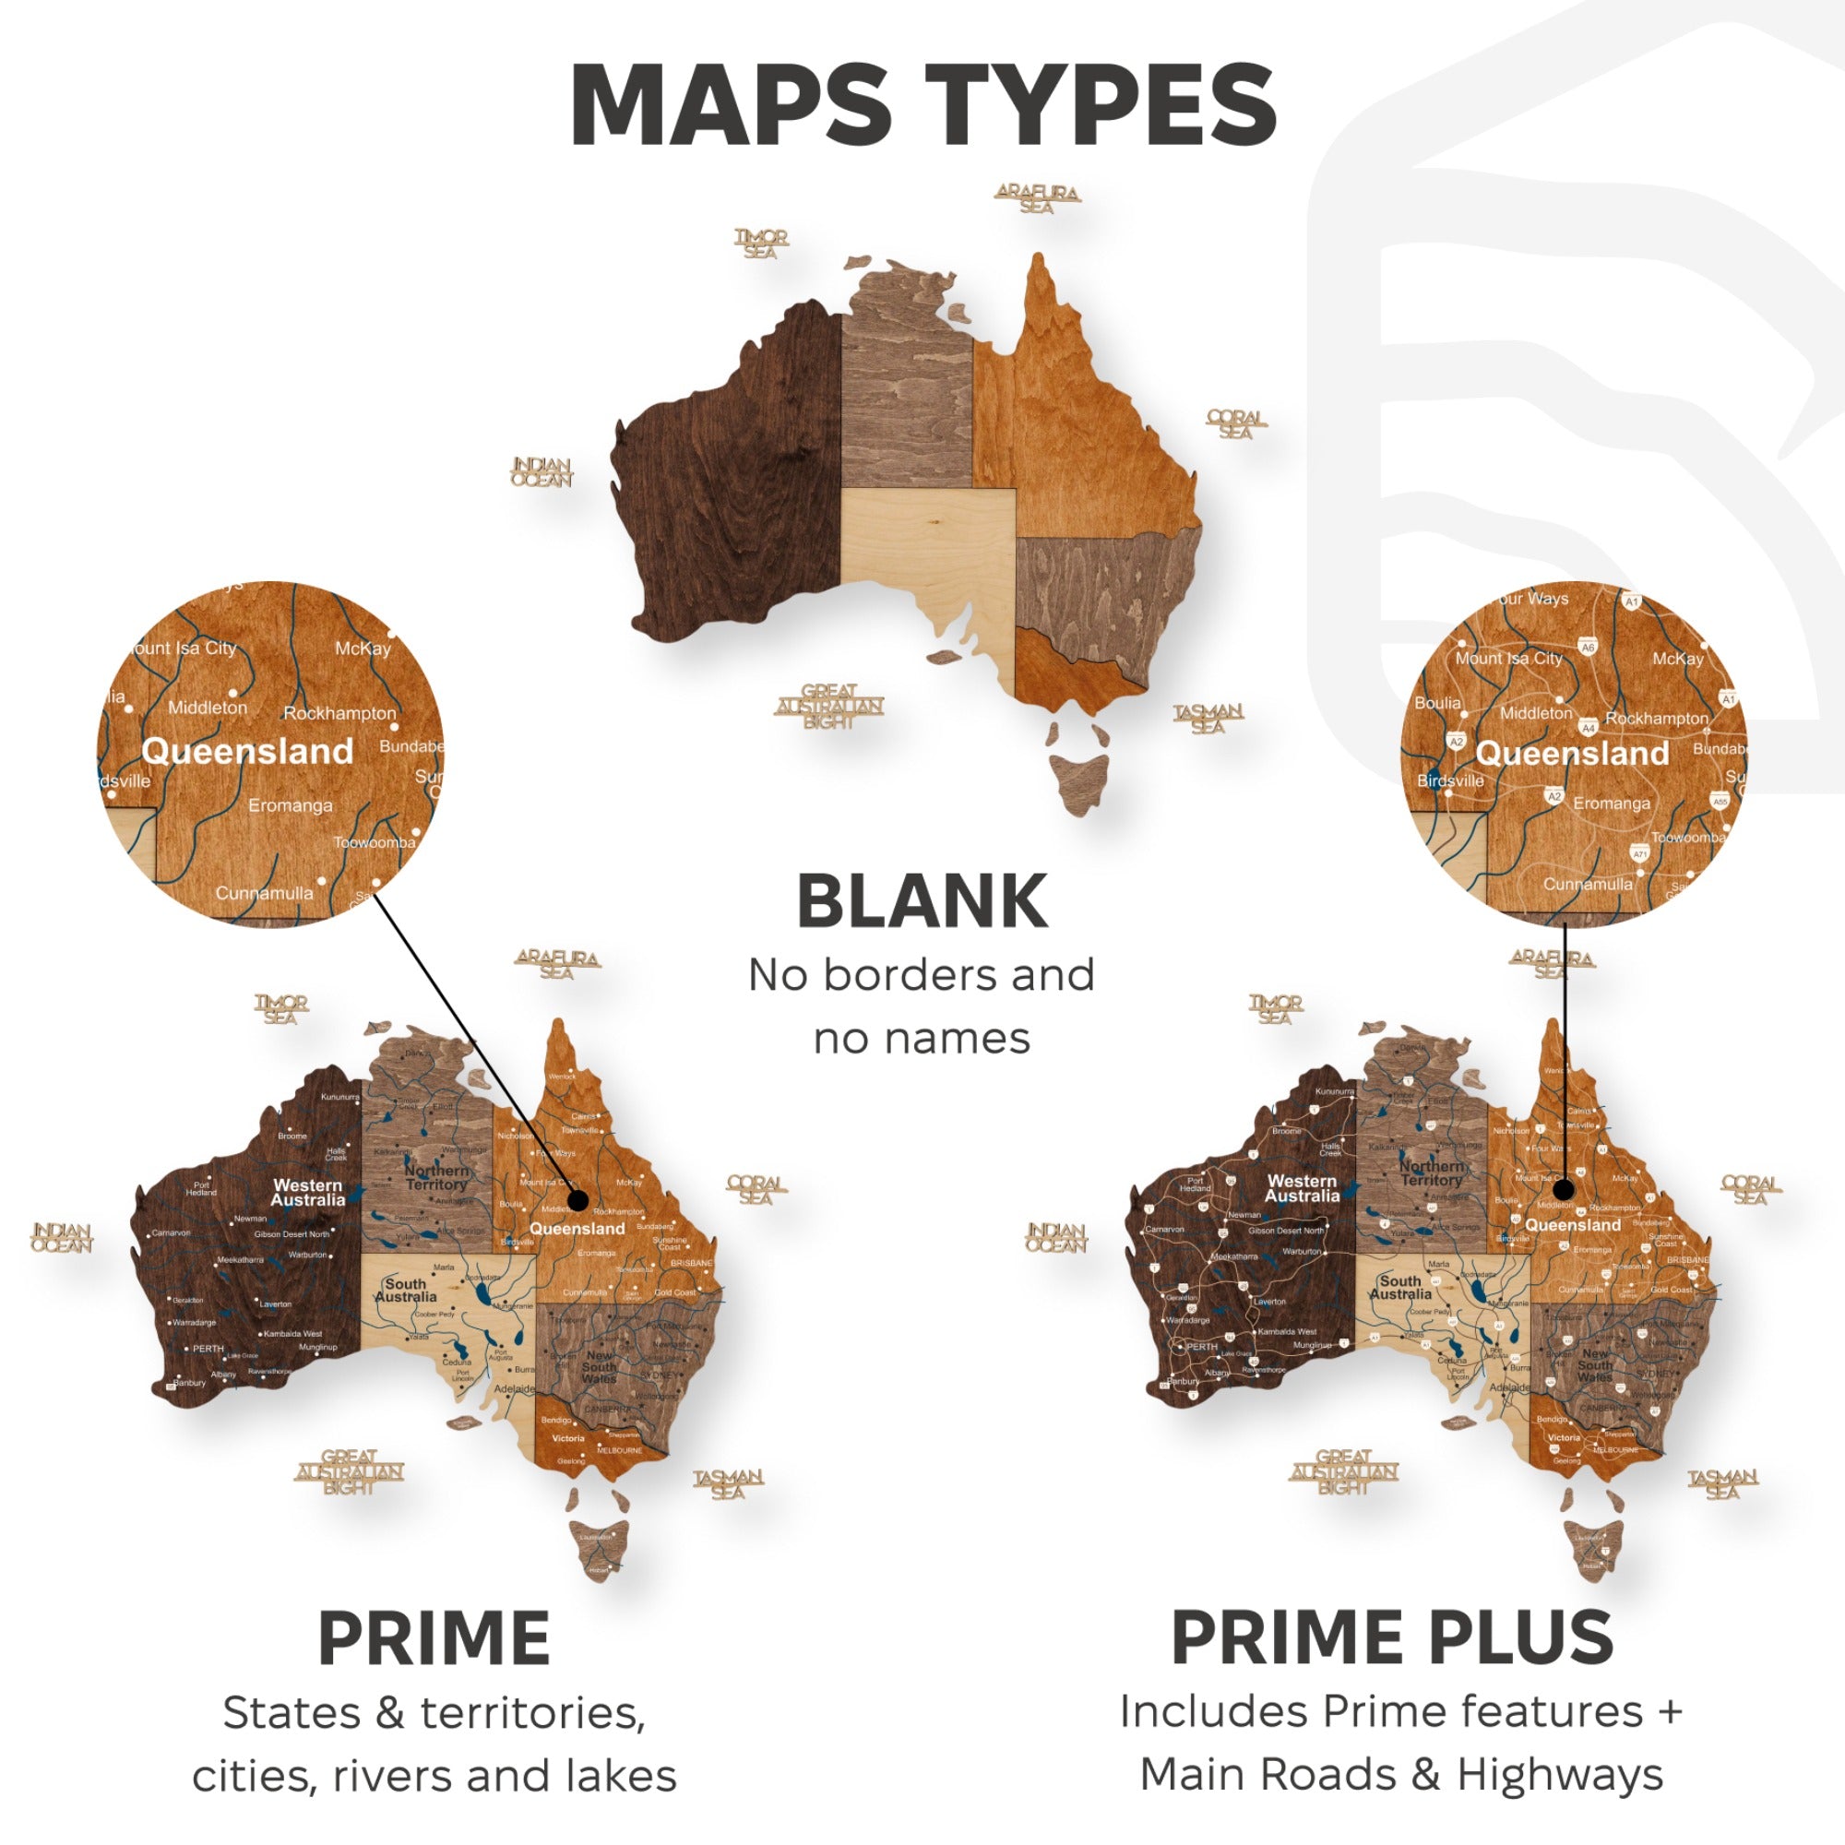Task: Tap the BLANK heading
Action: pyautogui.click(x=922, y=901)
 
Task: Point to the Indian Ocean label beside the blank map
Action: pyautogui.click(x=542, y=471)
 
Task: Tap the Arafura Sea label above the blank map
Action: pyautogui.click(x=1037, y=198)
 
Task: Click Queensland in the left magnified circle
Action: pyautogui.click(x=247, y=752)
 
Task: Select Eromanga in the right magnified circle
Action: pyautogui.click(x=1611, y=803)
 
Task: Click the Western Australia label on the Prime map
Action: pyautogui.click(x=307, y=1192)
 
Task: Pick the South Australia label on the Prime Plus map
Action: pyautogui.click(x=1400, y=1287)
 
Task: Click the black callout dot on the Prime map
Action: pyautogui.click(x=577, y=1199)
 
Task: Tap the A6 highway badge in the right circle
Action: pyautogui.click(x=1587, y=647)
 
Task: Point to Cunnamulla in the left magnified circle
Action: pyautogui.click(x=264, y=893)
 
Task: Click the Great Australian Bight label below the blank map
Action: pyautogui.click(x=828, y=706)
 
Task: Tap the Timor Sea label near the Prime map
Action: pyautogui.click(x=280, y=1008)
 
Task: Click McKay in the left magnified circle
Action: pyautogui.click(x=363, y=649)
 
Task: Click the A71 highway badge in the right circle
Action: pyautogui.click(x=1639, y=853)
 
